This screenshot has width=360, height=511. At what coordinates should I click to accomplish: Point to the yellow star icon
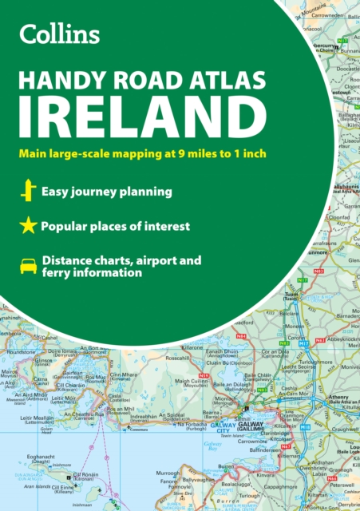click(29, 227)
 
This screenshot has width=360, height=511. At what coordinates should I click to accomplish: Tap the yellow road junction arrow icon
click(29, 192)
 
